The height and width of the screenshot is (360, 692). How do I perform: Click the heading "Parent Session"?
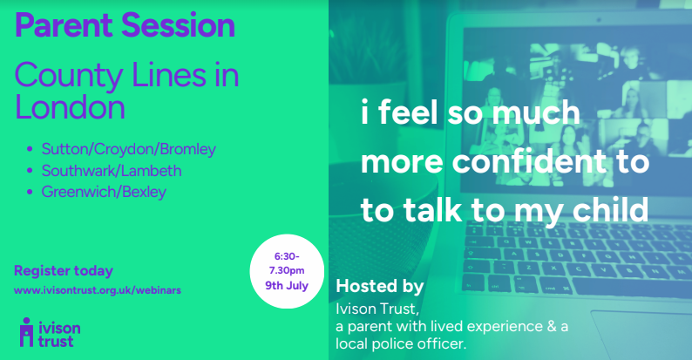tap(125, 25)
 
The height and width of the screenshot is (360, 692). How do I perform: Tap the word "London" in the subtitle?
tap(70, 107)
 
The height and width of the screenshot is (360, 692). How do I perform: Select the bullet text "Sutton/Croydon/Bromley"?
tap(128, 150)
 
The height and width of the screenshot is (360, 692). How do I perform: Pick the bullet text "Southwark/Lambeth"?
tap(112, 171)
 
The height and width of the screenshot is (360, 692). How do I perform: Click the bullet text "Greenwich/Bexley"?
tap(104, 192)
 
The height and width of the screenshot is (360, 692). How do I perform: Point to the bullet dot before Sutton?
tap(30, 149)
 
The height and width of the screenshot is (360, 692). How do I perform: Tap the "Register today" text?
tap(64, 271)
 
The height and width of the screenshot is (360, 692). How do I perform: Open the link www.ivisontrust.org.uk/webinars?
tap(98, 290)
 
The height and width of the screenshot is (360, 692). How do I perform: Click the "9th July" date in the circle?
tap(287, 285)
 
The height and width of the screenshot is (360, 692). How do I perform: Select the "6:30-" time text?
tap(287, 256)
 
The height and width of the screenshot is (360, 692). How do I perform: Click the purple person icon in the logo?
tap(26, 332)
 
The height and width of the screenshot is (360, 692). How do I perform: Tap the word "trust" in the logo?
tap(56, 341)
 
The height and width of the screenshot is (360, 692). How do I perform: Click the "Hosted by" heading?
tap(379, 286)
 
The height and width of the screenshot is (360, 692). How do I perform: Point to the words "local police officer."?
tap(401, 343)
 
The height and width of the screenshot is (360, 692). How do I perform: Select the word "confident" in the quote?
tap(529, 161)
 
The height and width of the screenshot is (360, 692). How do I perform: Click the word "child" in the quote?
tap(610, 209)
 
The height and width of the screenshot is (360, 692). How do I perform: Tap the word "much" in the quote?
tap(536, 113)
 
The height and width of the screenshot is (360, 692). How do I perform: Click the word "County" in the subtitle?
tap(68, 76)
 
